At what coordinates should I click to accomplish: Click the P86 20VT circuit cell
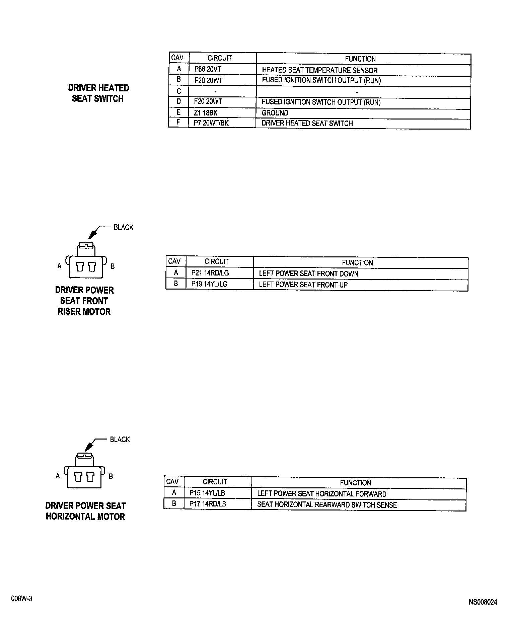click(x=208, y=70)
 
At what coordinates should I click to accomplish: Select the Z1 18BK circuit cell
click(x=206, y=113)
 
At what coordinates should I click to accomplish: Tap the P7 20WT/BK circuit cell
click(x=211, y=123)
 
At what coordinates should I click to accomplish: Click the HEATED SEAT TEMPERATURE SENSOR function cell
click(x=319, y=70)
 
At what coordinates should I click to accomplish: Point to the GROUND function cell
click(x=275, y=113)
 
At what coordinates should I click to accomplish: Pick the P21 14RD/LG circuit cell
click(x=210, y=273)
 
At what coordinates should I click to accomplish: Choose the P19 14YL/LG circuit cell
click(x=209, y=284)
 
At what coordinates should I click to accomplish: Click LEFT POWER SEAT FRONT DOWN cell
click(x=308, y=274)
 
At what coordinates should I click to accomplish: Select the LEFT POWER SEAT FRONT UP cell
click(x=303, y=285)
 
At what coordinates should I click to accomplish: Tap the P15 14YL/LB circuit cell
click(x=207, y=493)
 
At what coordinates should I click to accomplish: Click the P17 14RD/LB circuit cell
click(x=208, y=504)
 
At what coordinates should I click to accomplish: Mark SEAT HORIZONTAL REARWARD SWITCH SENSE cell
click(x=327, y=505)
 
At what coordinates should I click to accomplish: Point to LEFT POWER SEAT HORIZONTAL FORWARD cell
click(x=321, y=494)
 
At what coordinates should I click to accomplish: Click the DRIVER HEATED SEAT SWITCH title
click(x=98, y=93)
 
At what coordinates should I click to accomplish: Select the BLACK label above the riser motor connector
click(x=123, y=228)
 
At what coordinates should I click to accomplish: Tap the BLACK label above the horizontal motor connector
click(x=120, y=440)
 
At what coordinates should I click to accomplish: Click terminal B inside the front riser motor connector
click(x=92, y=267)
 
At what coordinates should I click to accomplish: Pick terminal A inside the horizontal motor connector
click(x=78, y=477)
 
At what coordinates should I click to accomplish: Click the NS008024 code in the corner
click(x=483, y=602)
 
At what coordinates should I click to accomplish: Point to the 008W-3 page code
click(x=21, y=599)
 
